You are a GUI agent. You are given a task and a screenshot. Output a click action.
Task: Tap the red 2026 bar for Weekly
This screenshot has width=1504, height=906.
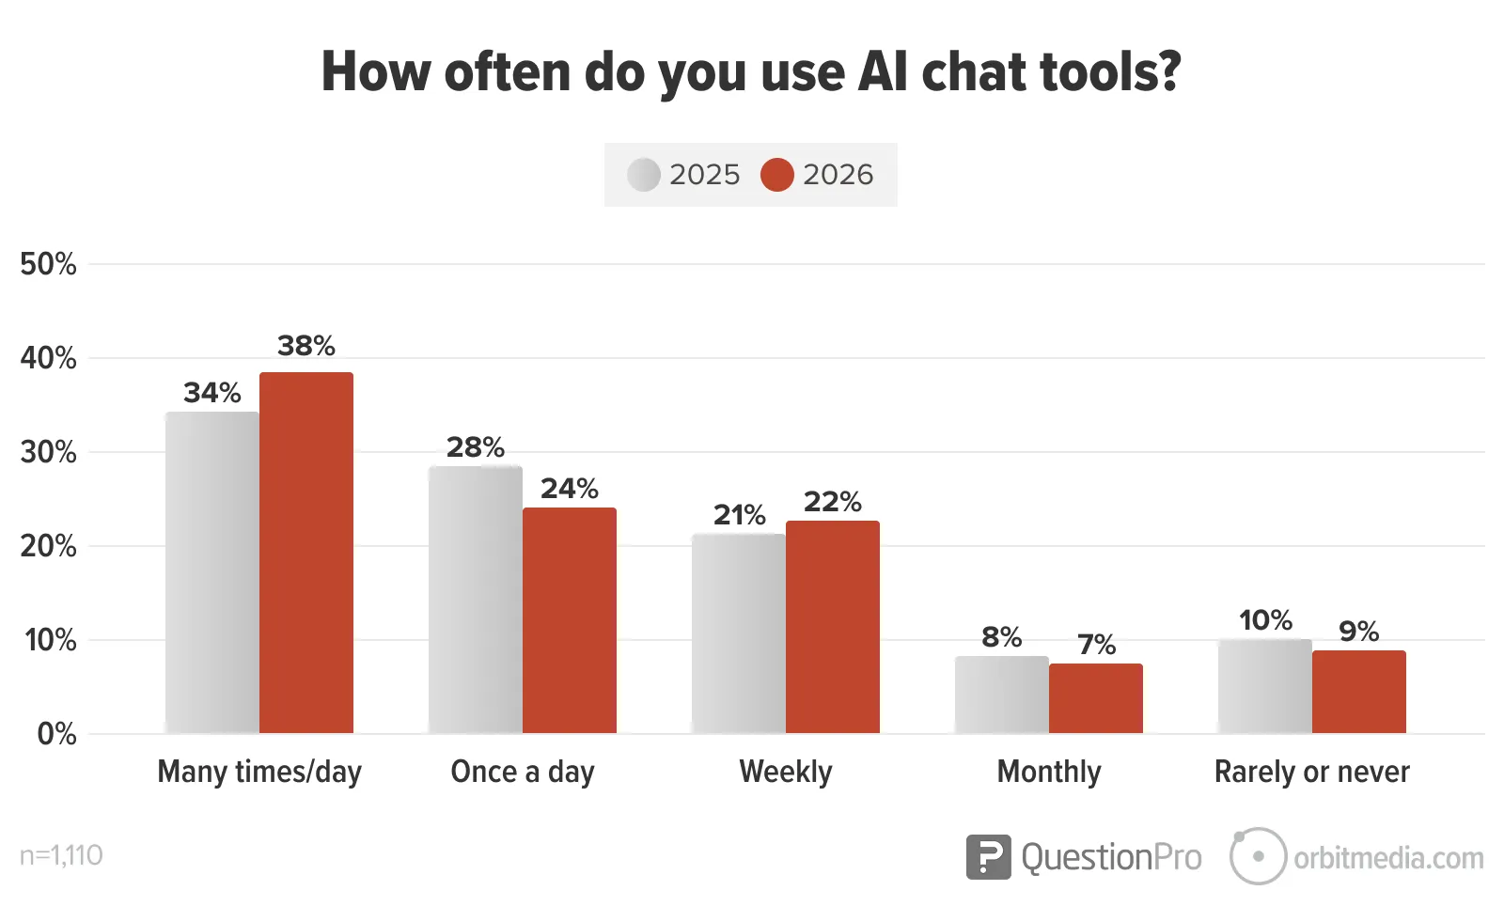[833, 627]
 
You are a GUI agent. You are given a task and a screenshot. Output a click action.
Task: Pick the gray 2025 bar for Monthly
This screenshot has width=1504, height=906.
[1002, 695]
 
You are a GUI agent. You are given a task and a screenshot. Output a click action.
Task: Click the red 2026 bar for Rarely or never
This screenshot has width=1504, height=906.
[1359, 692]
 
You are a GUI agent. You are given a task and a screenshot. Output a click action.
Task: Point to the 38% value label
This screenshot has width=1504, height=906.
[306, 346]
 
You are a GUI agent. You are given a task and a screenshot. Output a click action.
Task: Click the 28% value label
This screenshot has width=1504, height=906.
[476, 447]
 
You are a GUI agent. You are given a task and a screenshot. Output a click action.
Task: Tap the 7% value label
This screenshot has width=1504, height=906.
[1096, 645]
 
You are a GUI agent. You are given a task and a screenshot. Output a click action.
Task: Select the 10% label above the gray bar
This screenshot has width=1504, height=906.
[1265, 620]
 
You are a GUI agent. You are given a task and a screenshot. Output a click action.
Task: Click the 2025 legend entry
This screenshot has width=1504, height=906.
[684, 175]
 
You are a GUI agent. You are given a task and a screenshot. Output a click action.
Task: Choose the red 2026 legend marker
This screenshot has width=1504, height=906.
[777, 175]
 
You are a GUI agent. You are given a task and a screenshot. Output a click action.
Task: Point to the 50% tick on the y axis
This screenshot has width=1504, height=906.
[48, 264]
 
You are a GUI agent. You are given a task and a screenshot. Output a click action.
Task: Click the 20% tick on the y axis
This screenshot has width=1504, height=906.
[48, 546]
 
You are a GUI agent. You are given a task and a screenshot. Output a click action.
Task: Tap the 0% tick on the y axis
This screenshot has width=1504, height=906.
[56, 734]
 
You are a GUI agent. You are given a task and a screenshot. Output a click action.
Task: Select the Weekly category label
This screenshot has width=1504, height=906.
[786, 772]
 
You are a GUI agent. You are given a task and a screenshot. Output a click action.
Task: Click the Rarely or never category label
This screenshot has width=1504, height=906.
[1312, 772]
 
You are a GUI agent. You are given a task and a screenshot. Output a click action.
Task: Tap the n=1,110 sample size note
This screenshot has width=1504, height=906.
[61, 855]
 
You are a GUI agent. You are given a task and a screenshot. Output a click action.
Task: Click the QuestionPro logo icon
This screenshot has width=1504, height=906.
[988, 857]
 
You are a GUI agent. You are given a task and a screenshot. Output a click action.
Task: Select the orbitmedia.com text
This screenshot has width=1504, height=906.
[1388, 858]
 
